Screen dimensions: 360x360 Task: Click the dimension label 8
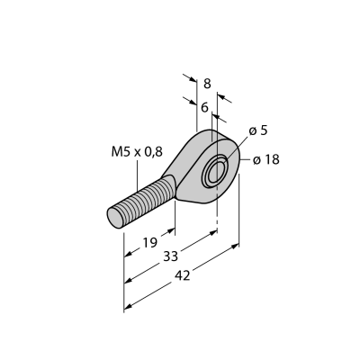coord(207,84)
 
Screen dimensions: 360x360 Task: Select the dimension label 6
coord(204,107)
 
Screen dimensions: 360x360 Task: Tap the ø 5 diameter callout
coord(258,130)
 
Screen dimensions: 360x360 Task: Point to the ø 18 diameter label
coord(266,159)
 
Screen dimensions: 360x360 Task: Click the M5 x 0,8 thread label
coord(137,152)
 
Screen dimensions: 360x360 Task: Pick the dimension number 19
coord(149,242)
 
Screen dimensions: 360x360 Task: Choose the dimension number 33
coord(171,256)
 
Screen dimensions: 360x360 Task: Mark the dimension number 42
coord(183,275)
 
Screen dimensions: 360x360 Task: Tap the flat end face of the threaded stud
coord(115,217)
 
